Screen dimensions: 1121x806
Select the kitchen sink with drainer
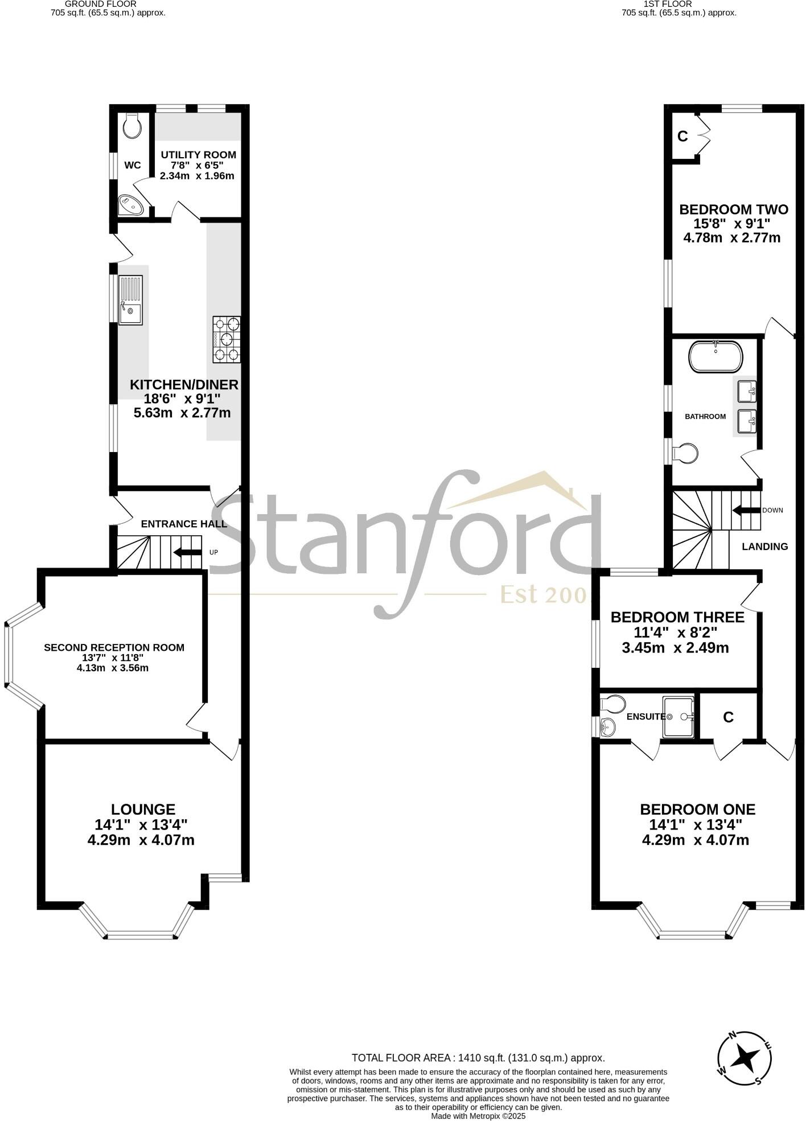(130, 300)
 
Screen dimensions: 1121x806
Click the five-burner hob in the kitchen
(227, 339)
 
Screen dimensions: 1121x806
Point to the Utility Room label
(198, 155)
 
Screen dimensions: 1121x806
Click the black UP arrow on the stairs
(187, 552)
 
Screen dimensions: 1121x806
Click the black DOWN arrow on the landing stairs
(746, 510)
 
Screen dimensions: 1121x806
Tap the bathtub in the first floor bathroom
(715, 356)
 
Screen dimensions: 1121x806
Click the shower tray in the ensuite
(678, 717)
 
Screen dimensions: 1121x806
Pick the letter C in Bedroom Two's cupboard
(683, 137)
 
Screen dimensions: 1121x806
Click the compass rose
(744, 1059)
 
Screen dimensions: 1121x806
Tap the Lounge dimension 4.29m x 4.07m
(141, 840)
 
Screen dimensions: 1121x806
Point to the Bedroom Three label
(677, 617)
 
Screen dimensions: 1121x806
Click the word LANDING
(765, 547)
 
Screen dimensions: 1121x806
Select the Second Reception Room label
(114, 647)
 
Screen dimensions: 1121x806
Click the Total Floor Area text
(478, 1058)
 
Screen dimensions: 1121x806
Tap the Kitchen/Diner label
(184, 384)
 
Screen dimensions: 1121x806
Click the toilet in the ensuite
(612, 704)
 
